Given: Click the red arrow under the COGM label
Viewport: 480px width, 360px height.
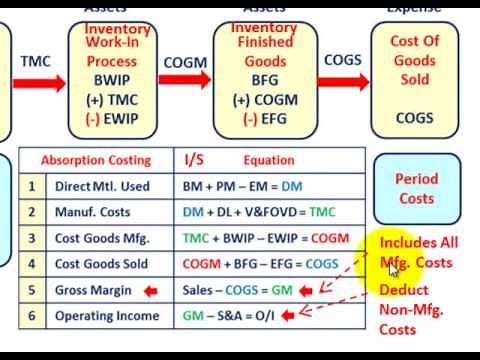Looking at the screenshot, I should coord(185,84).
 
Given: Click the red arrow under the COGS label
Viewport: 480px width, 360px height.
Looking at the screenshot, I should coord(342,83).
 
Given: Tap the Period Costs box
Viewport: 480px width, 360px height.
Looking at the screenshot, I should coord(415,189).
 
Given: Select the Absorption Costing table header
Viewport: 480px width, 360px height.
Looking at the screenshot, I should coord(96,160).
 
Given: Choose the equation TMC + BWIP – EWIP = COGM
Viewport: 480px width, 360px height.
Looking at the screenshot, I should coord(266,238).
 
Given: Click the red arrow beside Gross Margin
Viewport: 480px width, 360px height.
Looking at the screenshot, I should coord(151,290).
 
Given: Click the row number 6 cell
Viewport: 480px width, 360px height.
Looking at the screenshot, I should coord(32,316).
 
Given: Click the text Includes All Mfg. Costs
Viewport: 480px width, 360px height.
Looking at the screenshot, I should coord(418,252).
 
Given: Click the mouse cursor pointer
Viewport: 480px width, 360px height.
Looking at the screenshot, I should coord(393,268).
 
